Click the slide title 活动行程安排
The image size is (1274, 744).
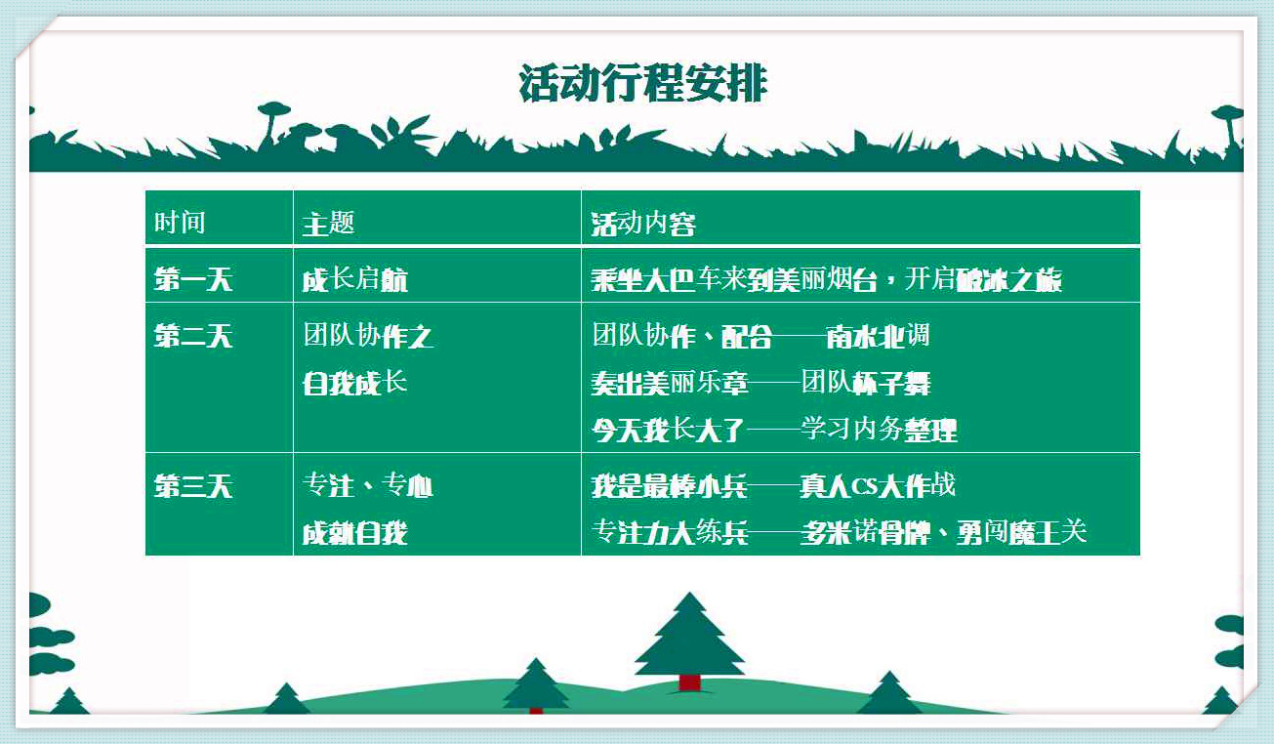[643, 84]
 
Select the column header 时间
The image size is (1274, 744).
[180, 222]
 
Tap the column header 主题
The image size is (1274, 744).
[328, 223]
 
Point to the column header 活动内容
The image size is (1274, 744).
[643, 223]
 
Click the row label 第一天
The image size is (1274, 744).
[193, 279]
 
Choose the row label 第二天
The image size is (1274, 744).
[193, 335]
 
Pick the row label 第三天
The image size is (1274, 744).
[193, 486]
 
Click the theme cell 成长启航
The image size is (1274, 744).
[355, 279]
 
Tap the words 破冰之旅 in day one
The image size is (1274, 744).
[1009, 279]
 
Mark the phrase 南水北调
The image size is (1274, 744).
[878, 336]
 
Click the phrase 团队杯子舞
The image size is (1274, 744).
[866, 382]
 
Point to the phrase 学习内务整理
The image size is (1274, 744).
[879, 430]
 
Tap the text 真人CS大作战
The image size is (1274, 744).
[878, 486]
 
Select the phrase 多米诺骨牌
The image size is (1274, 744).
[865, 533]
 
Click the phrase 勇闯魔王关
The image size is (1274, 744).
[1021, 533]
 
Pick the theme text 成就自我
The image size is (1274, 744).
[355, 533]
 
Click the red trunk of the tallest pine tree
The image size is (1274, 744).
[689, 682]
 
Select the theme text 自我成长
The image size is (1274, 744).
[355, 382]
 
